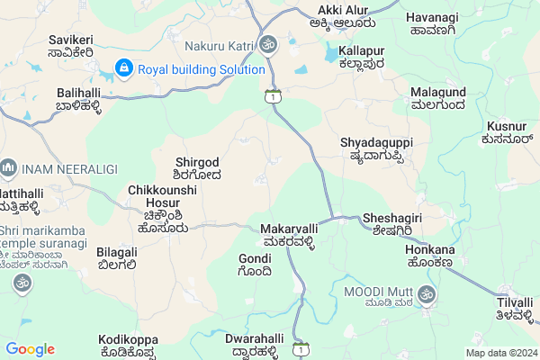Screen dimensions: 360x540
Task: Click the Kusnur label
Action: coord(509,132)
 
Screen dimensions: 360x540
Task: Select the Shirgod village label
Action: coord(197,168)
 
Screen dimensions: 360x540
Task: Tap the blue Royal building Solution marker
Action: coord(123,68)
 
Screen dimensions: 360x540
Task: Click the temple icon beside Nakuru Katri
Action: coord(268,44)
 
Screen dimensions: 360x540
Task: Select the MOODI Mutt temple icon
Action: coord(427,293)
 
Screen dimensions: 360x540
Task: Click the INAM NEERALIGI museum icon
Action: coord(9,167)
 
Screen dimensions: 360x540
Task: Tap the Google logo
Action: coord(30,349)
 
